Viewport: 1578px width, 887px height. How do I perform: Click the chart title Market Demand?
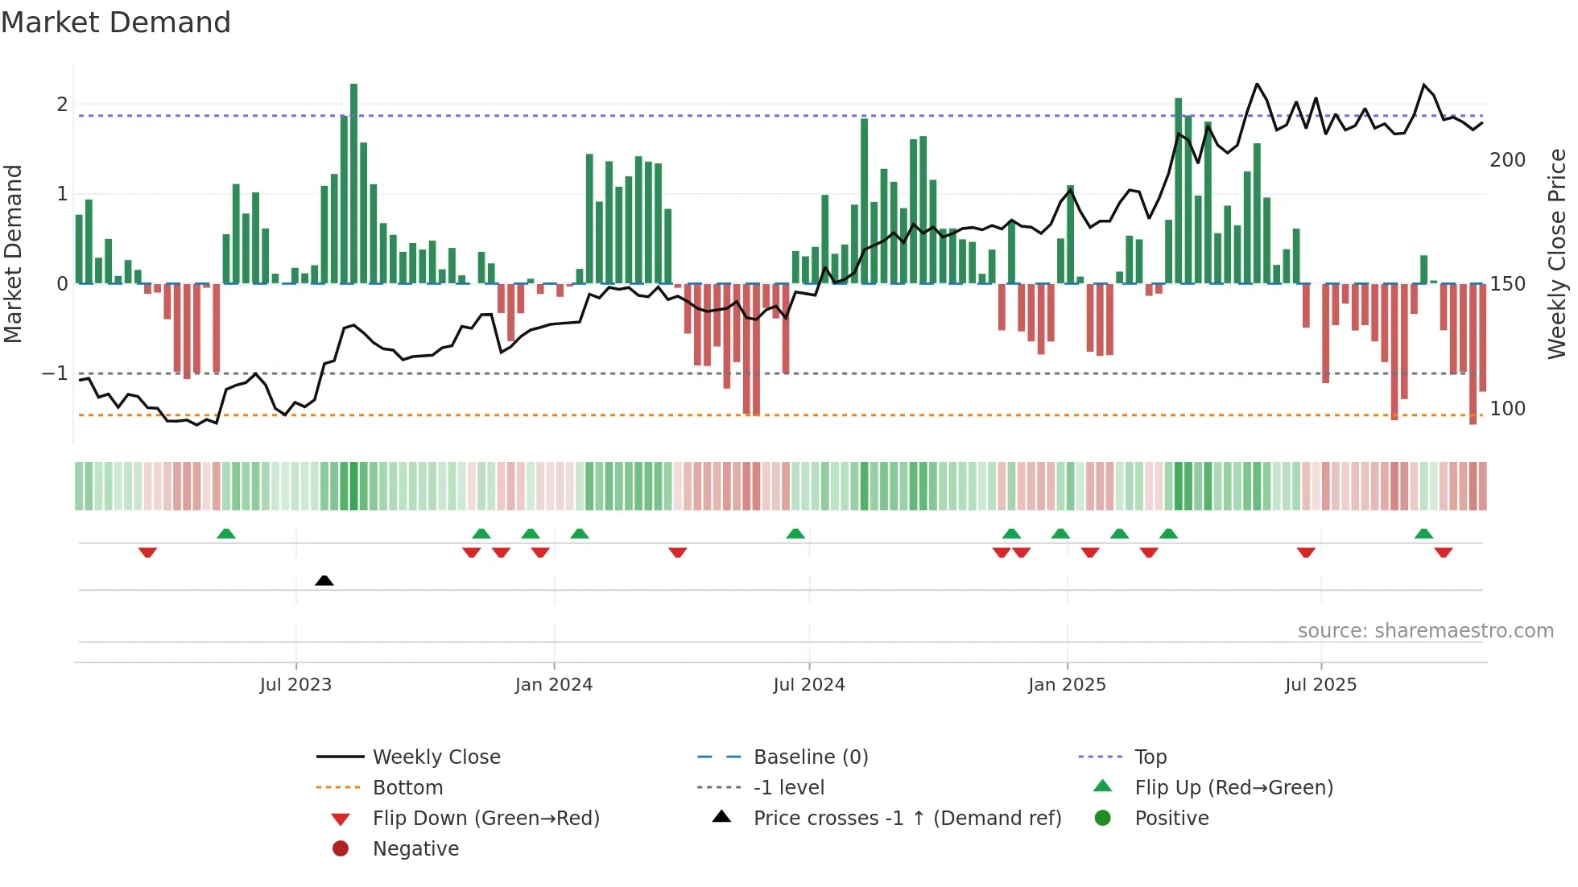point(116,23)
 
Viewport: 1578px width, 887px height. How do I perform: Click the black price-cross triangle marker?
point(324,580)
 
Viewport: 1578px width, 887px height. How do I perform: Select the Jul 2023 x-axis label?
point(295,685)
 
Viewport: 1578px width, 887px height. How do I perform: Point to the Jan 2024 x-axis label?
point(554,685)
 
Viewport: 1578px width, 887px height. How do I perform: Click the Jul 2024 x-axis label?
point(809,685)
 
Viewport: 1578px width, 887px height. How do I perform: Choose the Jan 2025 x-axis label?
point(1067,685)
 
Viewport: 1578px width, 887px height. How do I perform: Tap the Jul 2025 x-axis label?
point(1320,685)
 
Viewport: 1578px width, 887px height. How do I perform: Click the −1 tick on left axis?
point(55,373)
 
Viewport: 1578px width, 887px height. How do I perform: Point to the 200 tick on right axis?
point(1507,160)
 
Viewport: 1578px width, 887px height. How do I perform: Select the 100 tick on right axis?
point(1507,409)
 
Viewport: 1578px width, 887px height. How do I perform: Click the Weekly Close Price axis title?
point(1557,254)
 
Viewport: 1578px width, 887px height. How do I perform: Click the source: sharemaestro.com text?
point(1425,631)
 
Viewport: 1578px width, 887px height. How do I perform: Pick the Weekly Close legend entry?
point(436,757)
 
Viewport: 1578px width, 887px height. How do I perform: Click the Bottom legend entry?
point(407,788)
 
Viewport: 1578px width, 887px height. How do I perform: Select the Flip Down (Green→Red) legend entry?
point(485,819)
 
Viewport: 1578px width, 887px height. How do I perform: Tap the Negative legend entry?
point(415,849)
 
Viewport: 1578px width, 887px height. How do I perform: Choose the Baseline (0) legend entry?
point(811,757)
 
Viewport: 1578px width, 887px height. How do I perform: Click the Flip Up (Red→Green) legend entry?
point(1233,788)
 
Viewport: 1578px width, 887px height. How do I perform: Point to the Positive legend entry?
point(1171,819)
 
